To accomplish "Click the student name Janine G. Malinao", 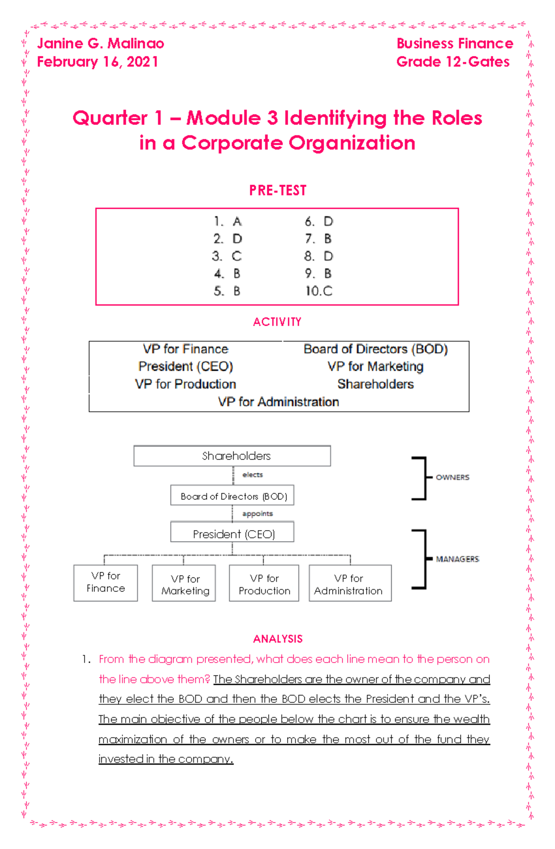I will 100,43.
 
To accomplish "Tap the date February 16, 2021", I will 98,62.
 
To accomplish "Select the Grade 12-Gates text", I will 453,62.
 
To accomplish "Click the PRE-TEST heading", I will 277,190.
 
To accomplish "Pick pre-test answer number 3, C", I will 227,256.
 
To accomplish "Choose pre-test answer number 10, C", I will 319,291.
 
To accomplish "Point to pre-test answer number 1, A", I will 228,222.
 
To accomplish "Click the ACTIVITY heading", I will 277,322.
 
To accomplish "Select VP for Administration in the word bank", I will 278,402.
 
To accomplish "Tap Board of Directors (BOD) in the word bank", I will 376,349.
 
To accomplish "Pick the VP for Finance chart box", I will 105,583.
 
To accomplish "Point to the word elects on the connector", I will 253,475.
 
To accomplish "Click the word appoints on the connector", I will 258,514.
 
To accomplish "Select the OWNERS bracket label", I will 452,477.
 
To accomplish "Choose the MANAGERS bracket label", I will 457,559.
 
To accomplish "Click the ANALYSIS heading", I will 277,639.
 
